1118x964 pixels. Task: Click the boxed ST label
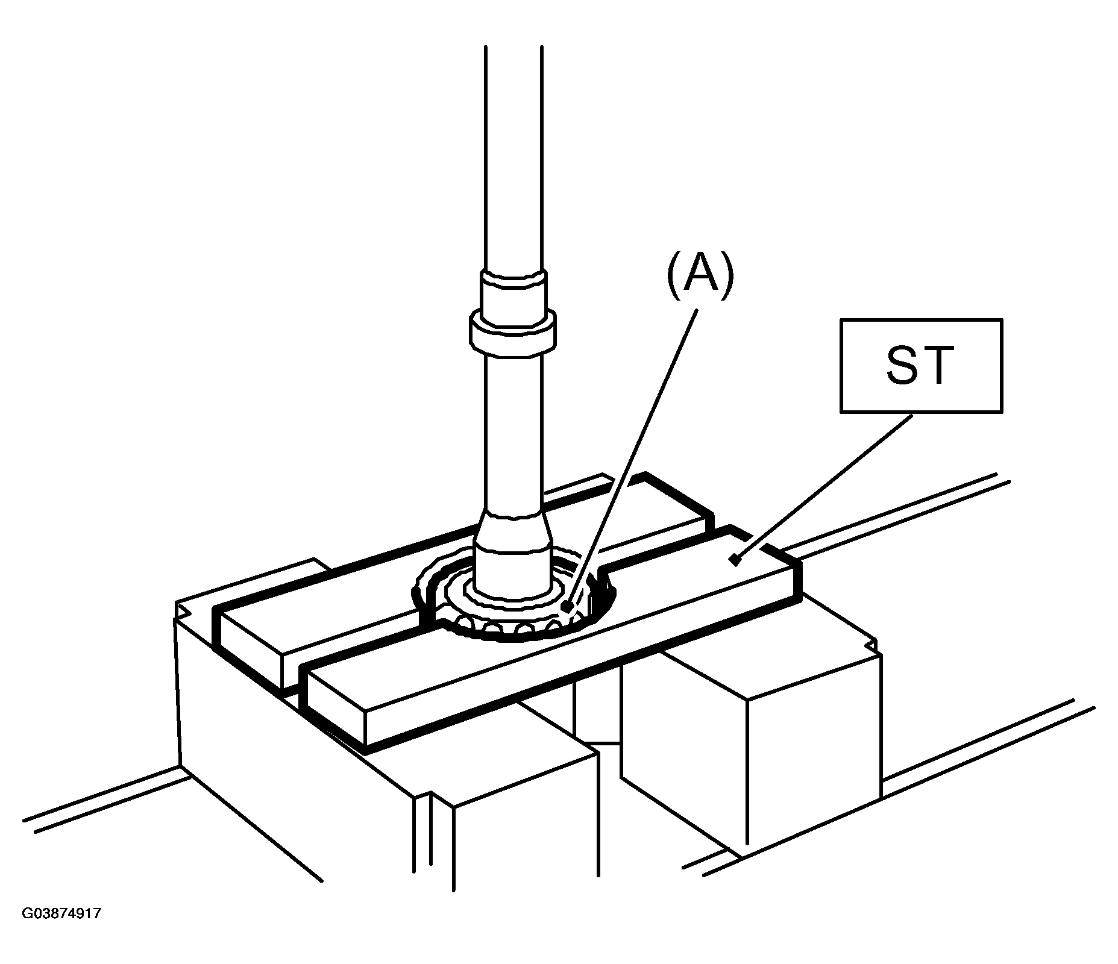921,366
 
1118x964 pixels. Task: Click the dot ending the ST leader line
734,560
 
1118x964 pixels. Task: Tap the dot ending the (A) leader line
566,606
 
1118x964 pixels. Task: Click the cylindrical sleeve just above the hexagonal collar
513,292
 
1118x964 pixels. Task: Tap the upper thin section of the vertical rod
513,157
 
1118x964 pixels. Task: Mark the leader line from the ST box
823,487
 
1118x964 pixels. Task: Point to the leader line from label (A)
631,458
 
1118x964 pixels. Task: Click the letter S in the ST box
903,366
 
